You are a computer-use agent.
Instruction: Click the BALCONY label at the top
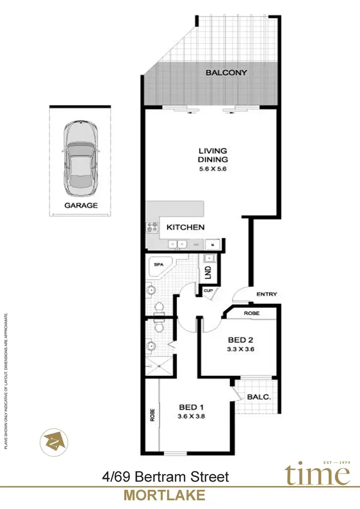(x=226, y=73)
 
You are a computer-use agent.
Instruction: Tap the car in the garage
(x=81, y=159)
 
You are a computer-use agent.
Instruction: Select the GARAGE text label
(x=81, y=205)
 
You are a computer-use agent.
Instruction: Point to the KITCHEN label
(x=185, y=227)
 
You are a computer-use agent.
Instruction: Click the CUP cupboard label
(x=208, y=291)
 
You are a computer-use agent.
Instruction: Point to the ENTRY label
(x=266, y=294)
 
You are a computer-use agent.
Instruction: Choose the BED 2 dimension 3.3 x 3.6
(x=240, y=349)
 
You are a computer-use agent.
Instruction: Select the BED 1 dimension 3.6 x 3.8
(x=191, y=416)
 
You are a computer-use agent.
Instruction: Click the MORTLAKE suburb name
(x=165, y=495)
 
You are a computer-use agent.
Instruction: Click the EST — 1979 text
(x=338, y=462)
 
